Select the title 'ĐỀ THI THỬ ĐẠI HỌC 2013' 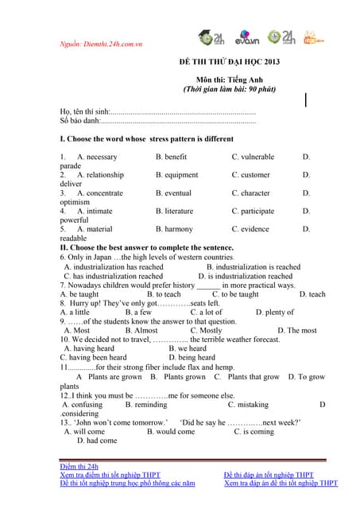(230, 61)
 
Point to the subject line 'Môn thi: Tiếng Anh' (229, 80)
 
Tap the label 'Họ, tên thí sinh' (84, 112)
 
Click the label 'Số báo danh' (79, 122)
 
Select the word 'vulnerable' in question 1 (257, 157)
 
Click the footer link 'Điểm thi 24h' (79, 466)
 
